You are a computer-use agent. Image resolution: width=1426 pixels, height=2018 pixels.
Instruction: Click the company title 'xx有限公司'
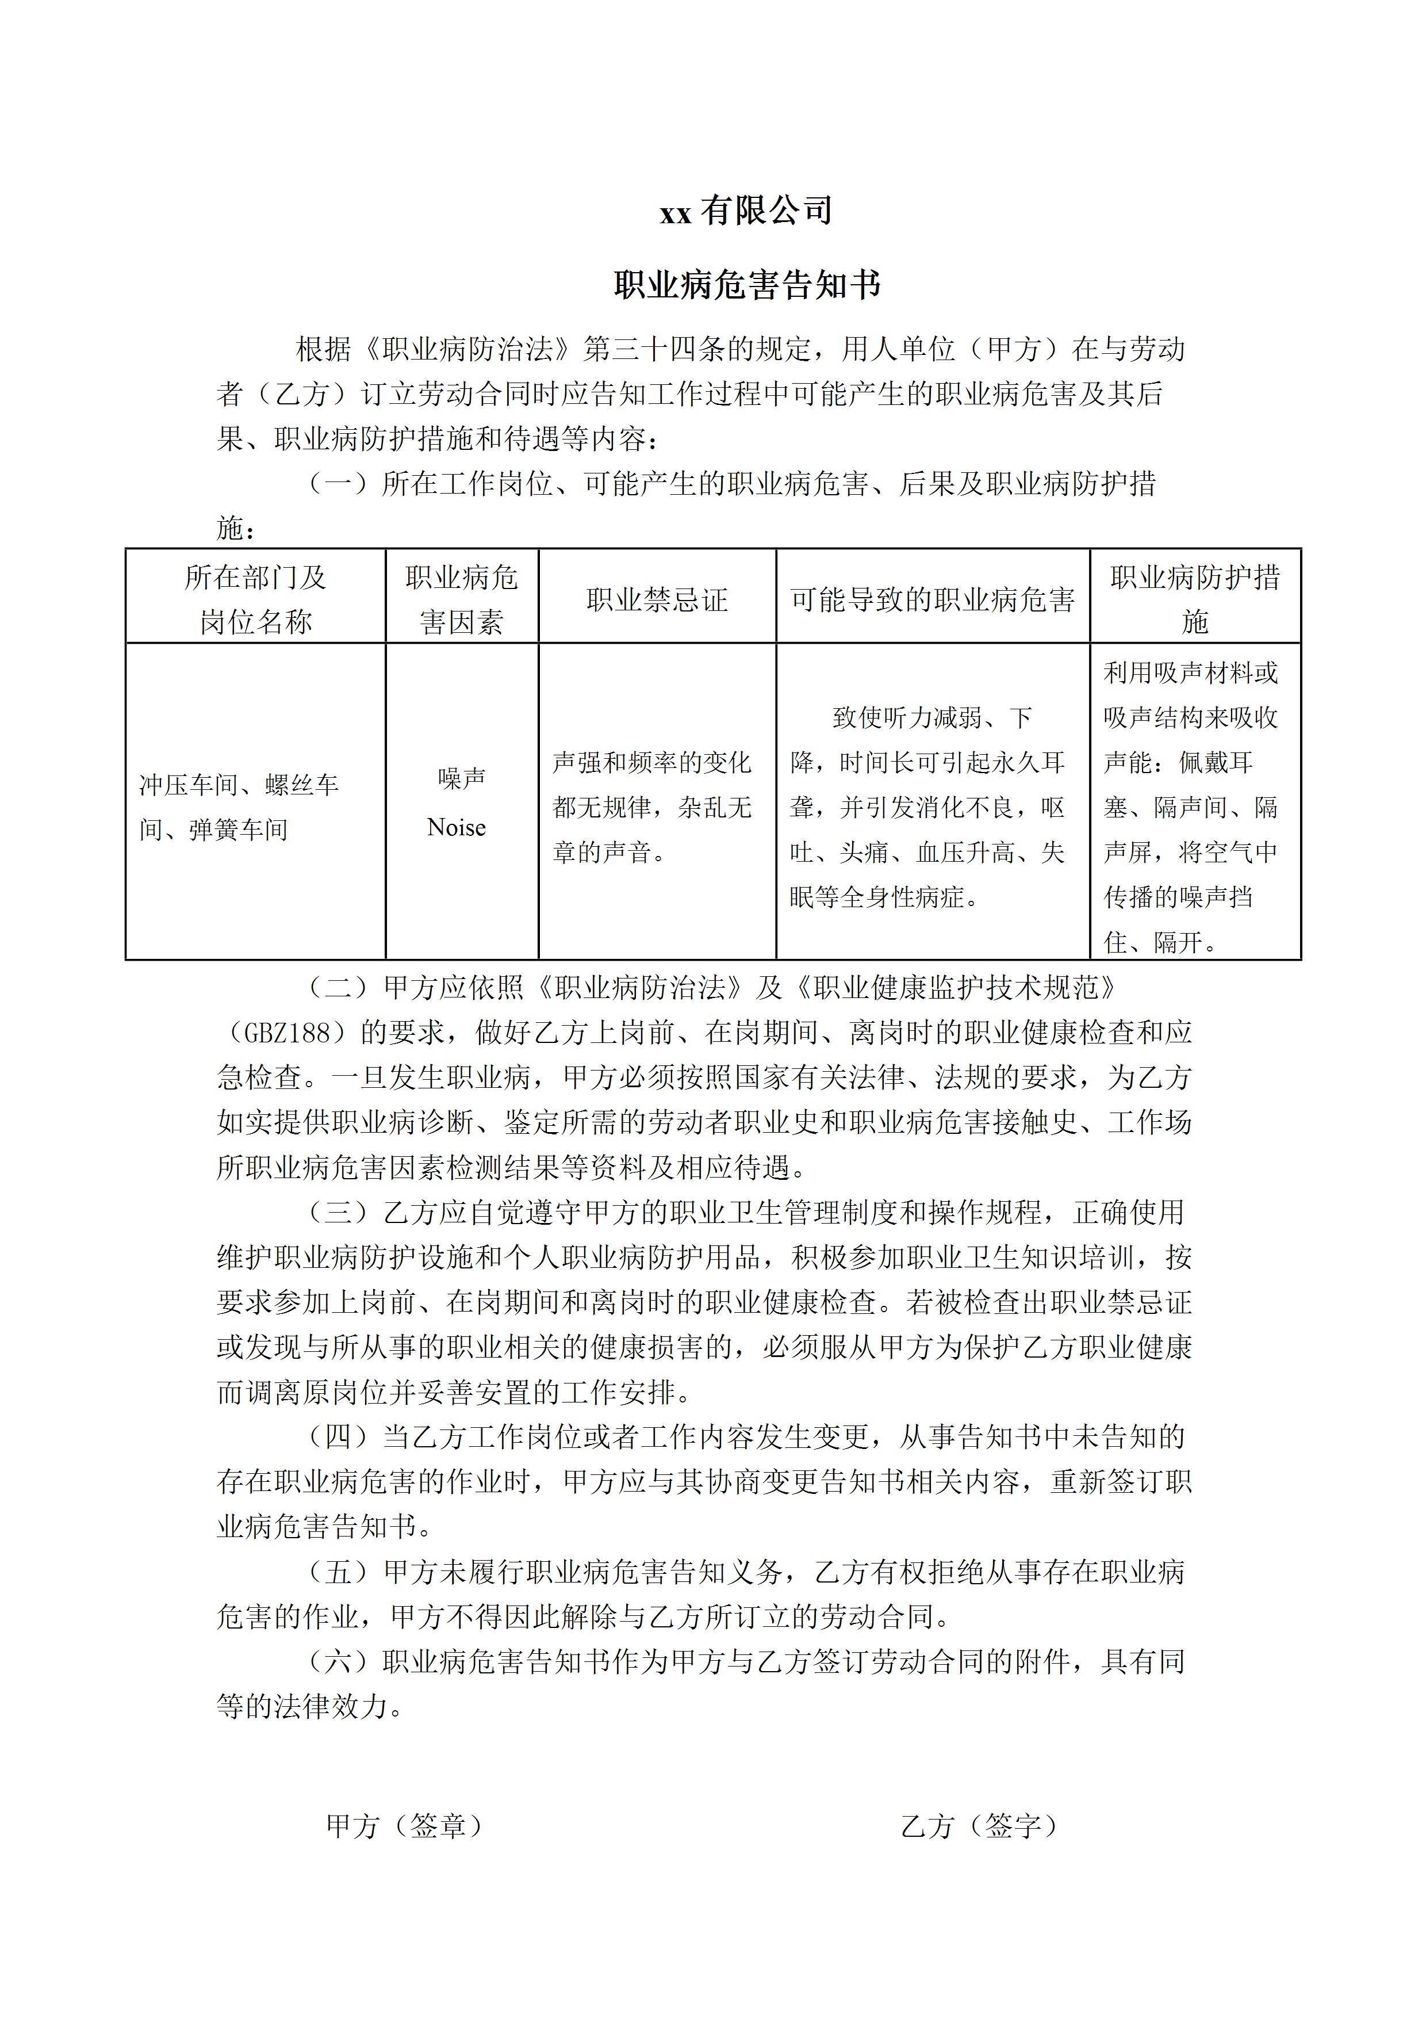click(x=746, y=211)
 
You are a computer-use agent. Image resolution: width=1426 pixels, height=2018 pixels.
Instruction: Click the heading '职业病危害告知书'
click(x=746, y=285)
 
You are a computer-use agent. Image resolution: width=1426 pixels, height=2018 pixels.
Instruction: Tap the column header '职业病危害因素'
click(x=461, y=599)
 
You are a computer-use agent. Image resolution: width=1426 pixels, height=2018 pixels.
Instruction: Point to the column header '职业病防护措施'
click(x=1194, y=599)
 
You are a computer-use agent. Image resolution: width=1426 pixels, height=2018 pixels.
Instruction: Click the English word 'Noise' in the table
click(x=456, y=827)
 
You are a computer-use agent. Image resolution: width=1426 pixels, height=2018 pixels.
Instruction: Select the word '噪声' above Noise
click(x=461, y=778)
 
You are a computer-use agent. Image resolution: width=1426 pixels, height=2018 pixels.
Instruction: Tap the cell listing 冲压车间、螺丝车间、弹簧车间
click(x=239, y=807)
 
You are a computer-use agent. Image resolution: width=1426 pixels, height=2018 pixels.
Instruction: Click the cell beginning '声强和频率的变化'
click(x=652, y=807)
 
